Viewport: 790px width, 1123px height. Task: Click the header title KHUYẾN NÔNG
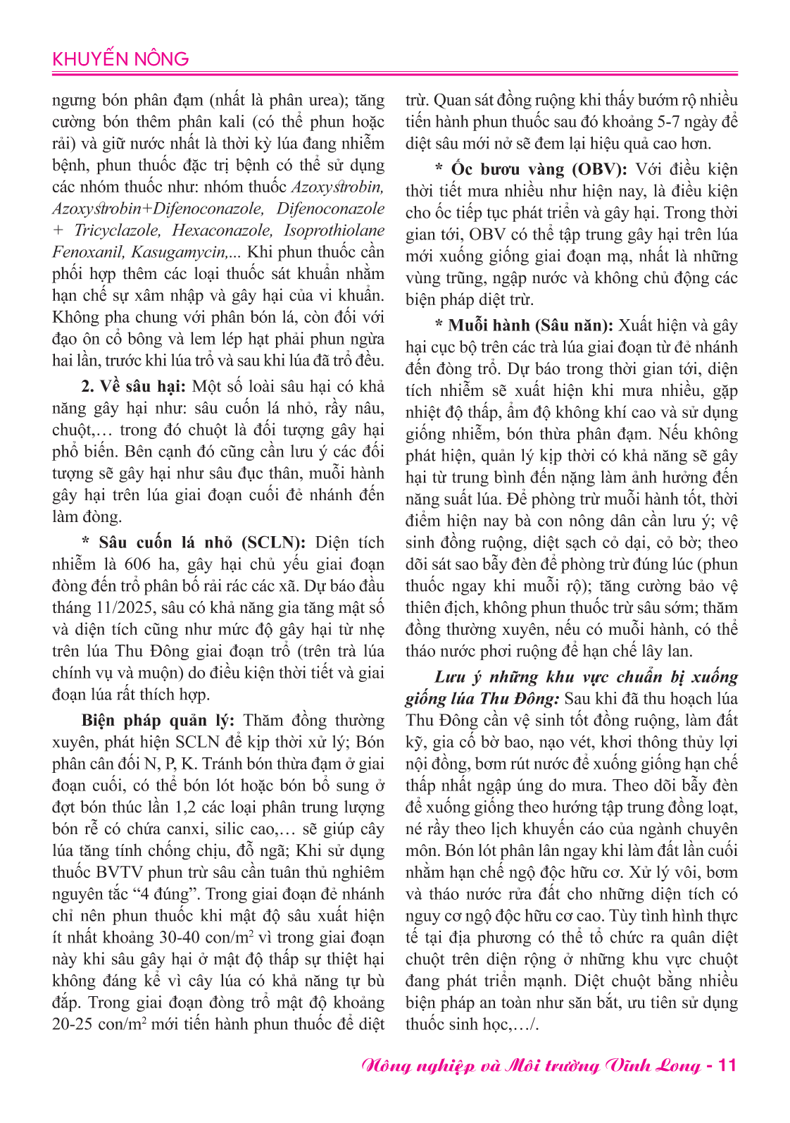coord(120,59)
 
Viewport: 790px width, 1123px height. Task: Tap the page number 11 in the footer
coord(727,1065)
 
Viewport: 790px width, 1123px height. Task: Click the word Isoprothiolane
coord(334,230)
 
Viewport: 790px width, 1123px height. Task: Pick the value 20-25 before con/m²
coord(73,1025)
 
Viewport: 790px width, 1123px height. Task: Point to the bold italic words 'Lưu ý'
coord(457,677)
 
